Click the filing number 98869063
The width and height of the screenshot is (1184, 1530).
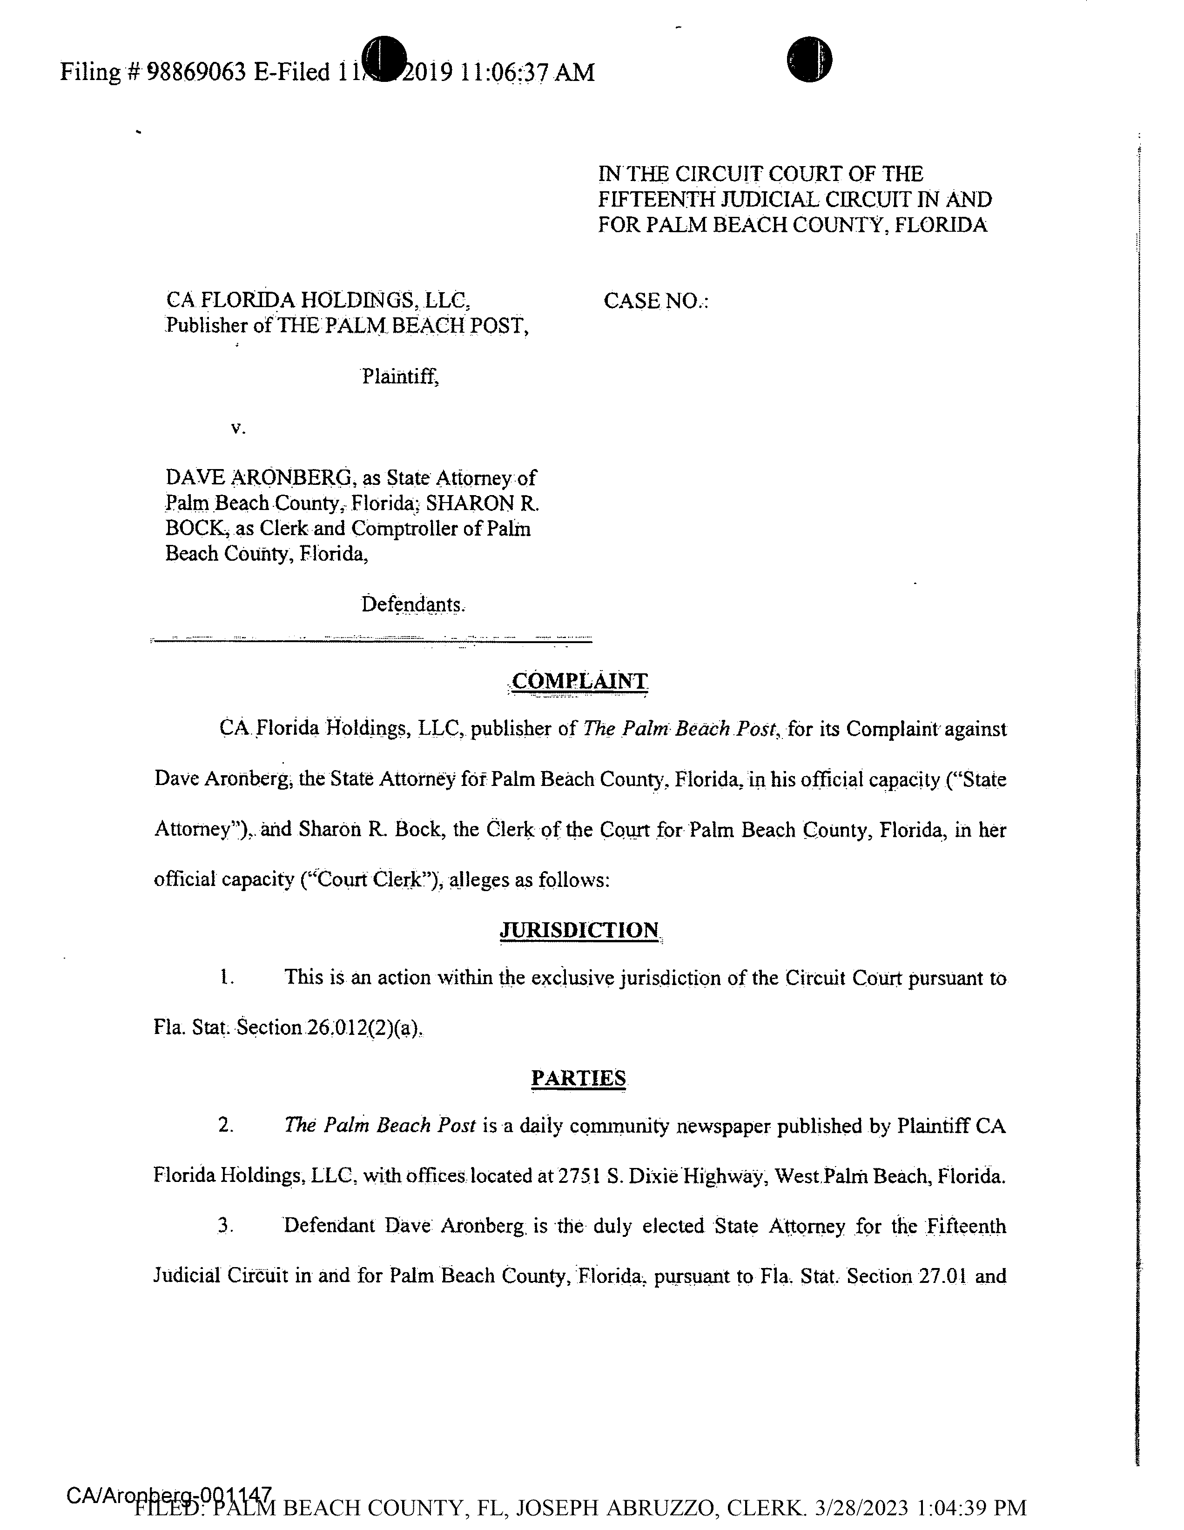pos(197,72)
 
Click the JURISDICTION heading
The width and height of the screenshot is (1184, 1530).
pos(579,930)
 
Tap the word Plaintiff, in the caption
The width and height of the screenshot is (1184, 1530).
pos(400,377)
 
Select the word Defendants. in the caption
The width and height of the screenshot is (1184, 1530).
pos(413,604)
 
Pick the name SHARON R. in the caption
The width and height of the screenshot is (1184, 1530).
pos(482,503)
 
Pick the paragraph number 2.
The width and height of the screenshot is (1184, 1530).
pos(225,1126)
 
